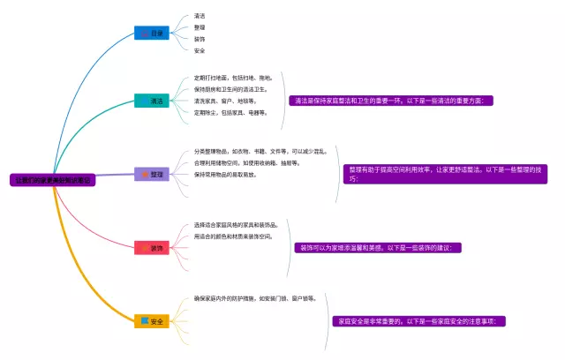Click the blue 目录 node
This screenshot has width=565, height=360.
coord(151,33)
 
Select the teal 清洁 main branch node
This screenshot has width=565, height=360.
coord(151,101)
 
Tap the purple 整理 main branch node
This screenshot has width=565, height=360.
coord(151,175)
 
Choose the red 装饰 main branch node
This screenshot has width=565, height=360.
coord(151,248)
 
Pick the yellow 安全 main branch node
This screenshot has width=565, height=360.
coord(151,320)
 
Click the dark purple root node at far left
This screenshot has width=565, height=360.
coord(52,180)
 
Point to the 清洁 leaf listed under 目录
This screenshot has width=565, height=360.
coord(200,16)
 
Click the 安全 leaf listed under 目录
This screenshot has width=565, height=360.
coord(200,50)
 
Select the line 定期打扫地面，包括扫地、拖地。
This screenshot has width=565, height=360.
coord(233,78)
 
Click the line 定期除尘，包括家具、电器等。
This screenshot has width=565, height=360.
coord(232,112)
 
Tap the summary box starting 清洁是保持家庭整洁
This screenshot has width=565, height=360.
coord(392,101)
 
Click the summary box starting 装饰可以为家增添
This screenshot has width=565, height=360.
coord(379,248)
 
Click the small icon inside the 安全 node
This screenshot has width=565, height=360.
coord(144,320)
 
